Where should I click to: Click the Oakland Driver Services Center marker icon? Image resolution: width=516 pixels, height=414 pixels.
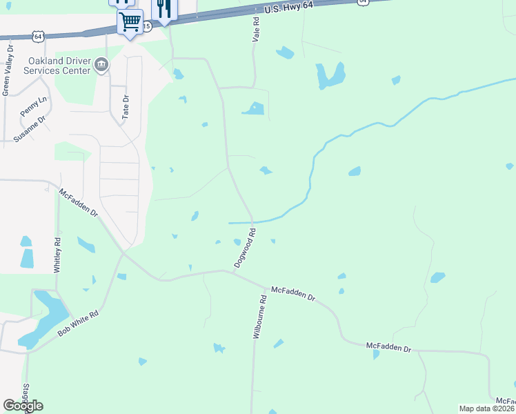click(x=101, y=65)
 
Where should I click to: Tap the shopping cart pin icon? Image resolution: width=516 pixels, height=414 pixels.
click(x=129, y=22)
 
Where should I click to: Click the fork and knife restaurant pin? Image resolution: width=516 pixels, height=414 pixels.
click(x=163, y=9)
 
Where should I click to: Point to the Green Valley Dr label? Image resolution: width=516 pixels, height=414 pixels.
click(x=8, y=70)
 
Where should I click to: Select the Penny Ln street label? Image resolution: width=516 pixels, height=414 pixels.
click(x=33, y=106)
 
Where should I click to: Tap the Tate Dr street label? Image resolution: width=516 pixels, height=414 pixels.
click(x=126, y=108)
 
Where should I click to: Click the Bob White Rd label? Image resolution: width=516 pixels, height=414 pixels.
click(x=79, y=323)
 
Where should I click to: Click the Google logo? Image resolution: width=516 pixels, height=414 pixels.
click(x=23, y=406)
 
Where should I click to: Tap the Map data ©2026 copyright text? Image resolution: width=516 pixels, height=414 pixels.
click(x=486, y=408)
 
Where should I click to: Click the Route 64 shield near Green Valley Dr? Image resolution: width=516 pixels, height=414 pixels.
click(x=39, y=35)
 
